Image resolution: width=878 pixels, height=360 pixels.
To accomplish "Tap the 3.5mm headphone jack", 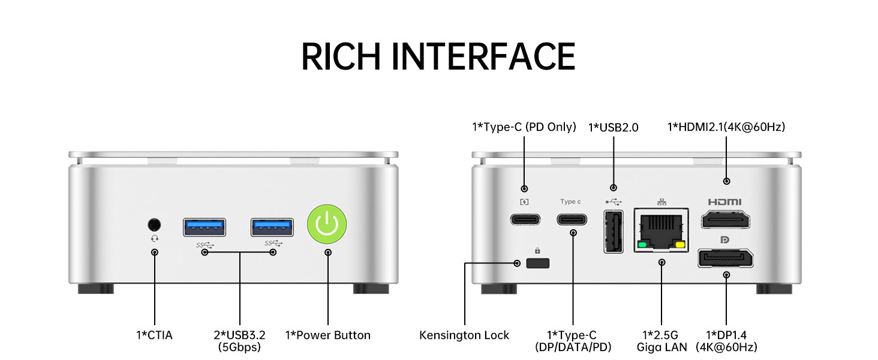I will (154, 224).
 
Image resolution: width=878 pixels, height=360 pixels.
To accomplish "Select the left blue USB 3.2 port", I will (205, 227).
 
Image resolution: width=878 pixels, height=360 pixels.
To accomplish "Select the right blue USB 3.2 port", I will (272, 227).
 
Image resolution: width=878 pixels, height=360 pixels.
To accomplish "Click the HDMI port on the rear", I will (725, 220).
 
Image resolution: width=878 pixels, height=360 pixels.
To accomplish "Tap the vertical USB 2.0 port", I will (613, 231).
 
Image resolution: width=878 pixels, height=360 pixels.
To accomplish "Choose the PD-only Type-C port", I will (525, 219).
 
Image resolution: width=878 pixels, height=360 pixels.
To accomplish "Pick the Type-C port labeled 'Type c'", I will (572, 219).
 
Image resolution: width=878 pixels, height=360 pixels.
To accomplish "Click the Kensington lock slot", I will (538, 263).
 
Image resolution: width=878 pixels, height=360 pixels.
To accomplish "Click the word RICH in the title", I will (341, 57).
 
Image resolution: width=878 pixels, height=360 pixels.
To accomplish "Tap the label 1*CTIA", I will (154, 335).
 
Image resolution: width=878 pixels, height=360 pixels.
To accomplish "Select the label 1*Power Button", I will (327, 335).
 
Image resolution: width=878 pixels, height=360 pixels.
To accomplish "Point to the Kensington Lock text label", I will (464, 335).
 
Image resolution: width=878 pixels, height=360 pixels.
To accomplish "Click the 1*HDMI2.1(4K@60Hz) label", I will (726, 127).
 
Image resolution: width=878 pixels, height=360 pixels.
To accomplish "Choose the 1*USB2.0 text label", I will (613, 127).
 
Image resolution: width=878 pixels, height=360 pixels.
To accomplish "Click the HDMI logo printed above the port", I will (724, 202).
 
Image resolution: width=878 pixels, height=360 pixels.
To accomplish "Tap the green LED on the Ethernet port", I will (643, 245).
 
